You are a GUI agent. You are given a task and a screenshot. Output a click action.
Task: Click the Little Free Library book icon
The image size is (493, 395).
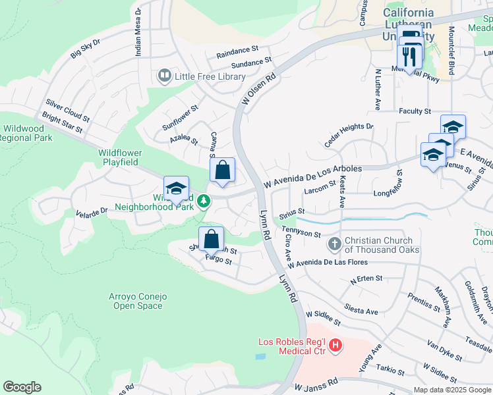[164, 76]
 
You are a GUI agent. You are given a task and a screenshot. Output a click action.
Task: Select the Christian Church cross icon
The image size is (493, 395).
[335, 244]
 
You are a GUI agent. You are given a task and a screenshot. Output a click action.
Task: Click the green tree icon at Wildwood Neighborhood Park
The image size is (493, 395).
[205, 200]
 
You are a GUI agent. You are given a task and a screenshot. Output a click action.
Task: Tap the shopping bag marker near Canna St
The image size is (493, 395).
[223, 171]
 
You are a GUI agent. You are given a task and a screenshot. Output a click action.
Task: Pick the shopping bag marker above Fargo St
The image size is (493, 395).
[211, 240]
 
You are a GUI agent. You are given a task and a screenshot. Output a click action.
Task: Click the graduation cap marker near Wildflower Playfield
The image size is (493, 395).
[176, 189]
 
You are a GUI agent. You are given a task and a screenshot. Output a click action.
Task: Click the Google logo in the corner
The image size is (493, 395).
[22, 386]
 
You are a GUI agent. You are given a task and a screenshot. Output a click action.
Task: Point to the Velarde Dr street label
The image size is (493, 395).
[91, 212]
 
